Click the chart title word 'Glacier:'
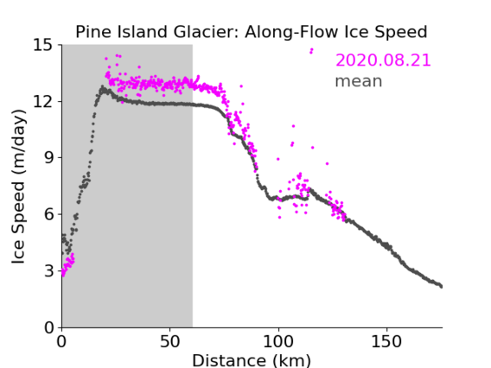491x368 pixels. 207,32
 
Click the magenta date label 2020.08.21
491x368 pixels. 383,60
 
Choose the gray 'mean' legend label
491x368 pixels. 359,81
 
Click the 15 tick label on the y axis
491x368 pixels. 43,45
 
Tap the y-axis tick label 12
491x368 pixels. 43,101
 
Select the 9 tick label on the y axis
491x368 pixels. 48,158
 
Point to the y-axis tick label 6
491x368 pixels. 48,214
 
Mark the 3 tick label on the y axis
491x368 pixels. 48,270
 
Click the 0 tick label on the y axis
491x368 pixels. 48,327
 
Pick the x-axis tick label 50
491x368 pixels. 169,341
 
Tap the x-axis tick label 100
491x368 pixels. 278,341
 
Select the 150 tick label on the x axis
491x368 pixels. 386,341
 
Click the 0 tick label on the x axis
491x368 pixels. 61,341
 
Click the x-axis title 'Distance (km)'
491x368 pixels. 252,360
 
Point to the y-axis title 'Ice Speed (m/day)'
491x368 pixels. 18,187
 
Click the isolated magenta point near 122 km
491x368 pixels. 328,163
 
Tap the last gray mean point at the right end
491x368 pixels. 441,287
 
